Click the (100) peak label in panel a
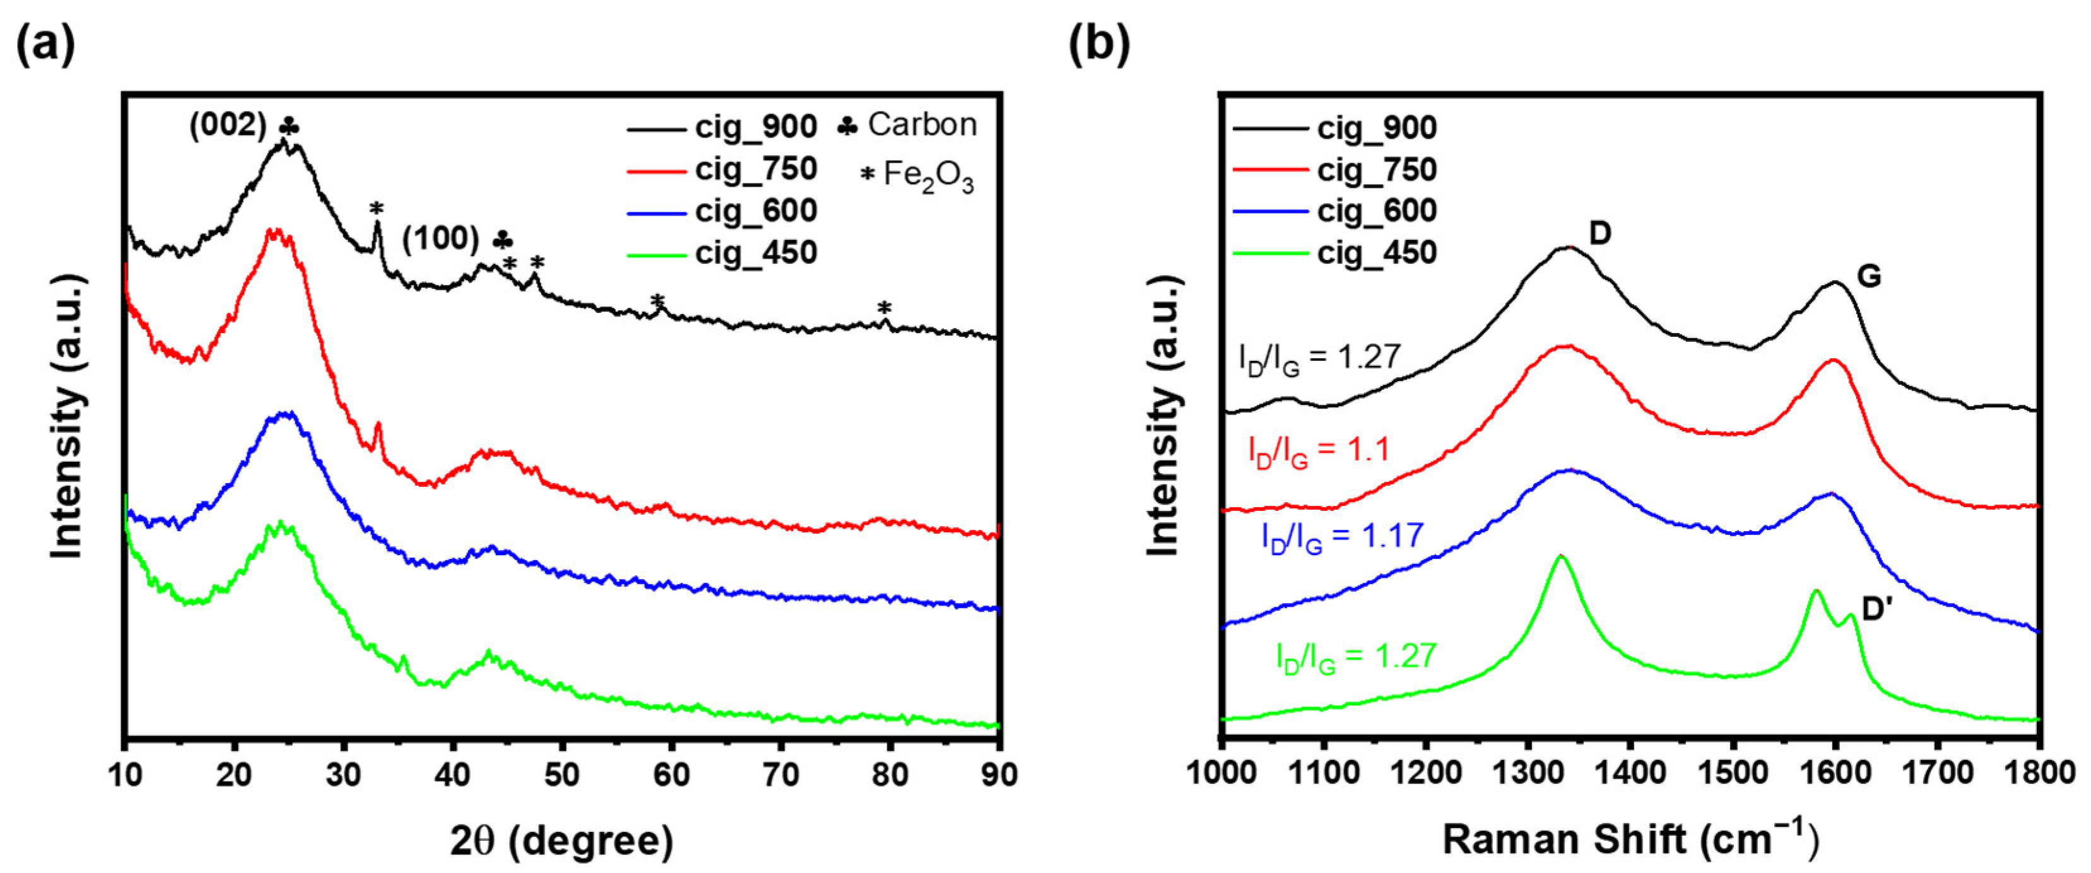coord(441,239)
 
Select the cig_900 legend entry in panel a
coord(755,127)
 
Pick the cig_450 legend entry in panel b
coord(1376,253)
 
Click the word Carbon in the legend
coord(922,125)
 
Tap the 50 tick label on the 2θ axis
coord(562,775)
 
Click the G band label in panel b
coord(1869,278)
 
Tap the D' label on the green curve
coord(1876,609)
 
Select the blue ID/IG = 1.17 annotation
coord(1343,536)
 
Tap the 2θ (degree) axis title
coord(562,841)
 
